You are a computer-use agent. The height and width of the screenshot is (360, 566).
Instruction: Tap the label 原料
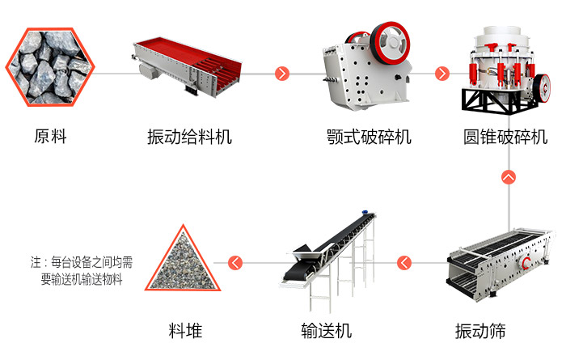(x=50, y=136)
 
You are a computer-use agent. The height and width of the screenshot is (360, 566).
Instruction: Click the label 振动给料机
(x=189, y=136)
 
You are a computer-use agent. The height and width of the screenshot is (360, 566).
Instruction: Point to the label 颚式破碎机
(x=369, y=136)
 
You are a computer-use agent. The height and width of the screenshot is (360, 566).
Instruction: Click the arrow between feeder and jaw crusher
(x=281, y=74)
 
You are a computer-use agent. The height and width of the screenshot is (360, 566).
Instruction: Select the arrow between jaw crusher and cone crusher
(x=441, y=74)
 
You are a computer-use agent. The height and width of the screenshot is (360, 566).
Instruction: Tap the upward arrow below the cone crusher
(x=509, y=176)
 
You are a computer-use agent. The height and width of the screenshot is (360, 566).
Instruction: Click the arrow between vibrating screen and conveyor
(x=404, y=262)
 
